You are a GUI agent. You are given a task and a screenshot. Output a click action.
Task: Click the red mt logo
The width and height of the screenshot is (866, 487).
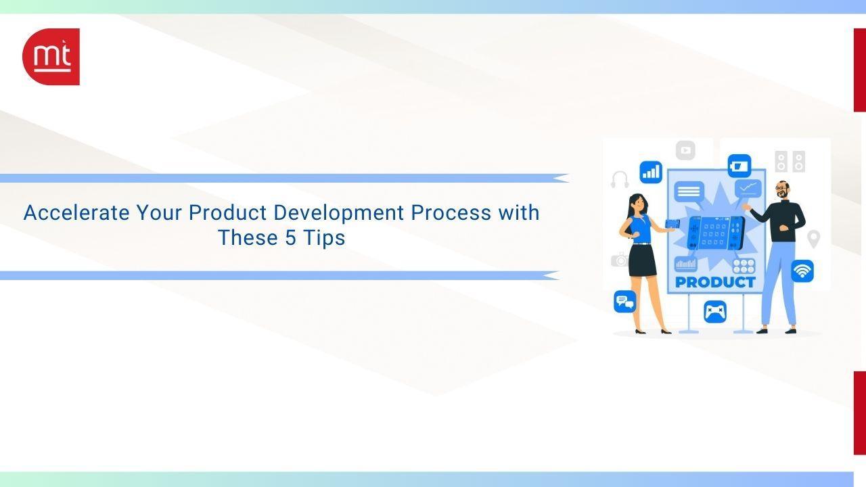(51, 57)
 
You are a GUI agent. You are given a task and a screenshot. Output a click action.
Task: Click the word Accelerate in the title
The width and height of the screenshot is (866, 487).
(76, 212)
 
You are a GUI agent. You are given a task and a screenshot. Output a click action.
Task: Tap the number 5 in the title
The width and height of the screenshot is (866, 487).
(290, 237)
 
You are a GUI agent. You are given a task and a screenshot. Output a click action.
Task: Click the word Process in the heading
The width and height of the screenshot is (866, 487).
(451, 212)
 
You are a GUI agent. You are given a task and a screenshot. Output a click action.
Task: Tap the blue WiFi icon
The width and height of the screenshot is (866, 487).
(802, 271)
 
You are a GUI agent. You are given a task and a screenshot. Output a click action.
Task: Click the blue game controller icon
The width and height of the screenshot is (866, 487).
(715, 312)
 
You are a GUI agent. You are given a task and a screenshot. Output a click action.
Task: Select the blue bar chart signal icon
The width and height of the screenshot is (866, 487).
(651, 172)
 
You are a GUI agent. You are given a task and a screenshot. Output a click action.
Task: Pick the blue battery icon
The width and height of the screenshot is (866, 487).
(739, 166)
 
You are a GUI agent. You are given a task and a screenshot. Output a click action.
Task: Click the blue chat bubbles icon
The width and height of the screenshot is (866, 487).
(624, 302)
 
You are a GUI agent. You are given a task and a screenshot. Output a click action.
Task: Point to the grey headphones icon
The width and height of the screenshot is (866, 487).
(620, 179)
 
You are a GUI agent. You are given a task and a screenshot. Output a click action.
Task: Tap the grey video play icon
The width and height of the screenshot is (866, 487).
(685, 150)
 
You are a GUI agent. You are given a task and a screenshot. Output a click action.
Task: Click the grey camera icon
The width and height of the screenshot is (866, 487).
(620, 260)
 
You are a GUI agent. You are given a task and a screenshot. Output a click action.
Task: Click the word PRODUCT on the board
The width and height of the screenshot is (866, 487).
(715, 282)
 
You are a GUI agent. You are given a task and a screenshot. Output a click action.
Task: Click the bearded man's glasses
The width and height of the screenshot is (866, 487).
(781, 187)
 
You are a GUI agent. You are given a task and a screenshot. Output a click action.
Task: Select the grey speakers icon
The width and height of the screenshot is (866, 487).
(790, 162)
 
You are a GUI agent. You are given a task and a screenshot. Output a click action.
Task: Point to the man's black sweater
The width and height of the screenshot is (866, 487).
(781, 221)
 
